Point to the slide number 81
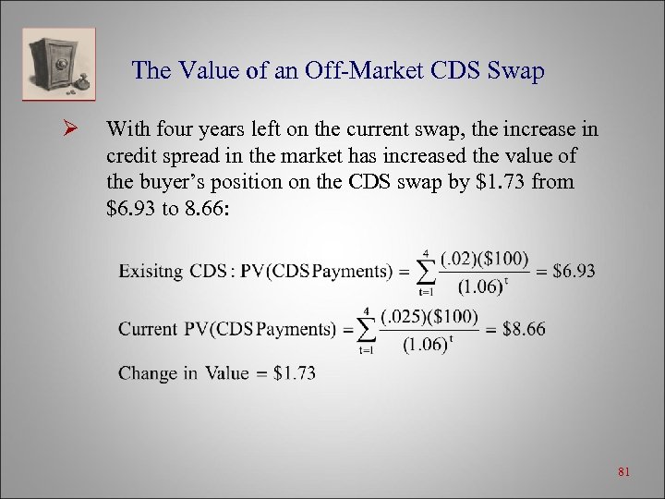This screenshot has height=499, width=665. [x=623, y=472]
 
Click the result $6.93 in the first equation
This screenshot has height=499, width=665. [x=574, y=271]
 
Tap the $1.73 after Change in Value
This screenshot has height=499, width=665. [x=295, y=373]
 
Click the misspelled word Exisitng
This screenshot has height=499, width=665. [x=151, y=272]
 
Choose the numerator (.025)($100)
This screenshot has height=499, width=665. [x=429, y=316]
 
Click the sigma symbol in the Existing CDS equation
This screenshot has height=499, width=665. [x=425, y=270]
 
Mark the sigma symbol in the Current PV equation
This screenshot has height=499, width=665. [x=367, y=329]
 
